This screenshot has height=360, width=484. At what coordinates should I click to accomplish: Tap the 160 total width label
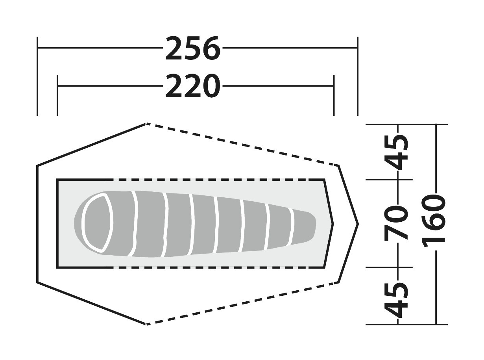pyautogui.click(x=434, y=221)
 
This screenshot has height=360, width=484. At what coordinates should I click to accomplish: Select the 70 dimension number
pyautogui.click(x=396, y=223)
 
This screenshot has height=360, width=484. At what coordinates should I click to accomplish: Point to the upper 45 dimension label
pyautogui.click(x=396, y=152)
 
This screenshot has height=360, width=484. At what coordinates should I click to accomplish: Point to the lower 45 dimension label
pyautogui.click(x=396, y=300)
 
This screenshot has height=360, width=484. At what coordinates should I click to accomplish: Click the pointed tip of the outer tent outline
pyautogui.click(x=358, y=224)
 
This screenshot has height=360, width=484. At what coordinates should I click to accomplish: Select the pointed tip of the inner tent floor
pyautogui.click(x=333, y=224)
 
